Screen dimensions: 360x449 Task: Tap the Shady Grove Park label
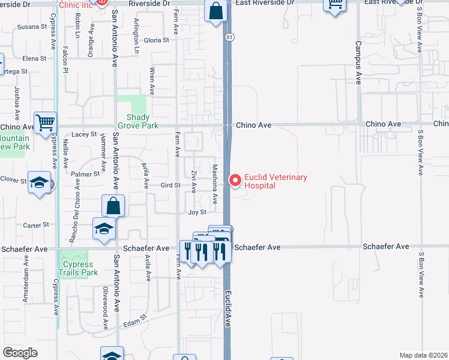(142, 122)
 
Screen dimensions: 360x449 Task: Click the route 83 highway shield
(229, 37)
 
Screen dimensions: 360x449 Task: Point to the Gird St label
(170, 185)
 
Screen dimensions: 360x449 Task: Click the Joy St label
(197, 212)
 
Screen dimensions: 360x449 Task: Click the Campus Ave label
(358, 62)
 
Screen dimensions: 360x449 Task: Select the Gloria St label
(157, 40)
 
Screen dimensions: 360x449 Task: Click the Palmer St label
(85, 174)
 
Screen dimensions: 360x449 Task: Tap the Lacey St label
(84, 134)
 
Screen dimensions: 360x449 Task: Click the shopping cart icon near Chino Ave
(46, 122)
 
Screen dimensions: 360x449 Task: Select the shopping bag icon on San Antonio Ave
(113, 206)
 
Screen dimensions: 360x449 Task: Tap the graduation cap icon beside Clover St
(39, 182)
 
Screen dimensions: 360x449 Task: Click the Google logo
(20, 353)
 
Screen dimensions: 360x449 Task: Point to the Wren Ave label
(152, 81)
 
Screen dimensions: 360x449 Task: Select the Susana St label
(32, 27)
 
